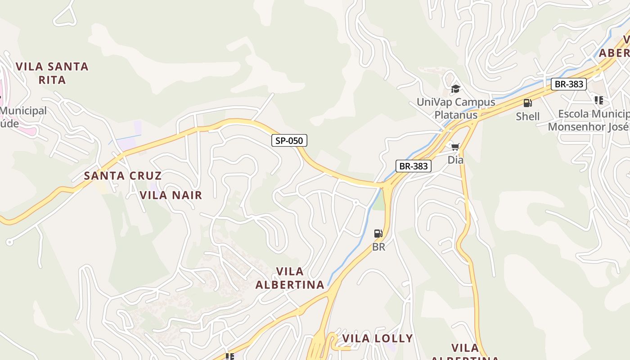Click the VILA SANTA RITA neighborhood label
52,73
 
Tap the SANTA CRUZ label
123,175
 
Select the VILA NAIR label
171,195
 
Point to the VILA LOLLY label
378,338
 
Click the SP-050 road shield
289,140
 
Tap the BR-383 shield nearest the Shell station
569,84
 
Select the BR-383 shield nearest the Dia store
414,166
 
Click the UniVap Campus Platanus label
456,108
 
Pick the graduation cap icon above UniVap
456,89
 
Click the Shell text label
527,116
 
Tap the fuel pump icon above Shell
527,103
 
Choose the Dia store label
455,160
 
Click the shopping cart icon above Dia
455,147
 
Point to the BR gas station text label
378,247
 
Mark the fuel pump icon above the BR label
378,234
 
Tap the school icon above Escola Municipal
598,100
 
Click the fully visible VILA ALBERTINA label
290,278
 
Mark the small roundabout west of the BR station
355,202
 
